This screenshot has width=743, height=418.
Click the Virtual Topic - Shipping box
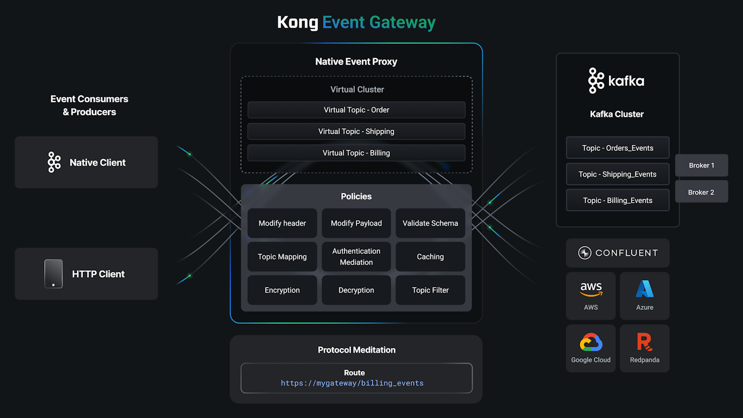[356, 131]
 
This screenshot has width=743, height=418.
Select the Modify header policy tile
[282, 223]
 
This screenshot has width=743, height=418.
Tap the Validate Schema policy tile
[430, 223]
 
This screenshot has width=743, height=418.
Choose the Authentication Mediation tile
[356, 256]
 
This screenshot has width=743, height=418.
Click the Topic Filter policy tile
[430, 290]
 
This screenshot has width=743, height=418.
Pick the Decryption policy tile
[356, 290]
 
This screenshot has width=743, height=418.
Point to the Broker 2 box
[701, 192]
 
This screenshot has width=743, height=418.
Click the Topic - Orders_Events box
[618, 148]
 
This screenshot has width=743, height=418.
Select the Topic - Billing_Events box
[618, 200]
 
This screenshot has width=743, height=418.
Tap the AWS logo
[591, 290]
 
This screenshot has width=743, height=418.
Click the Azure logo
[644, 290]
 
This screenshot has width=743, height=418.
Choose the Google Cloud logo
[591, 343]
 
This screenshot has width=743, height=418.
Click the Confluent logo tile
[618, 253]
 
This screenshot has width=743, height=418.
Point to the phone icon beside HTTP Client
[53, 274]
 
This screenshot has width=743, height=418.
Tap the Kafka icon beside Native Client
[54, 162]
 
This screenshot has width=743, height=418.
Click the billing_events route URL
[352, 383]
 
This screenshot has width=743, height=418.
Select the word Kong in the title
[297, 22]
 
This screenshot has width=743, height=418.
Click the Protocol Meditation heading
[356, 350]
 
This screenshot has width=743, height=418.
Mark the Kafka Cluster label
[616, 114]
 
